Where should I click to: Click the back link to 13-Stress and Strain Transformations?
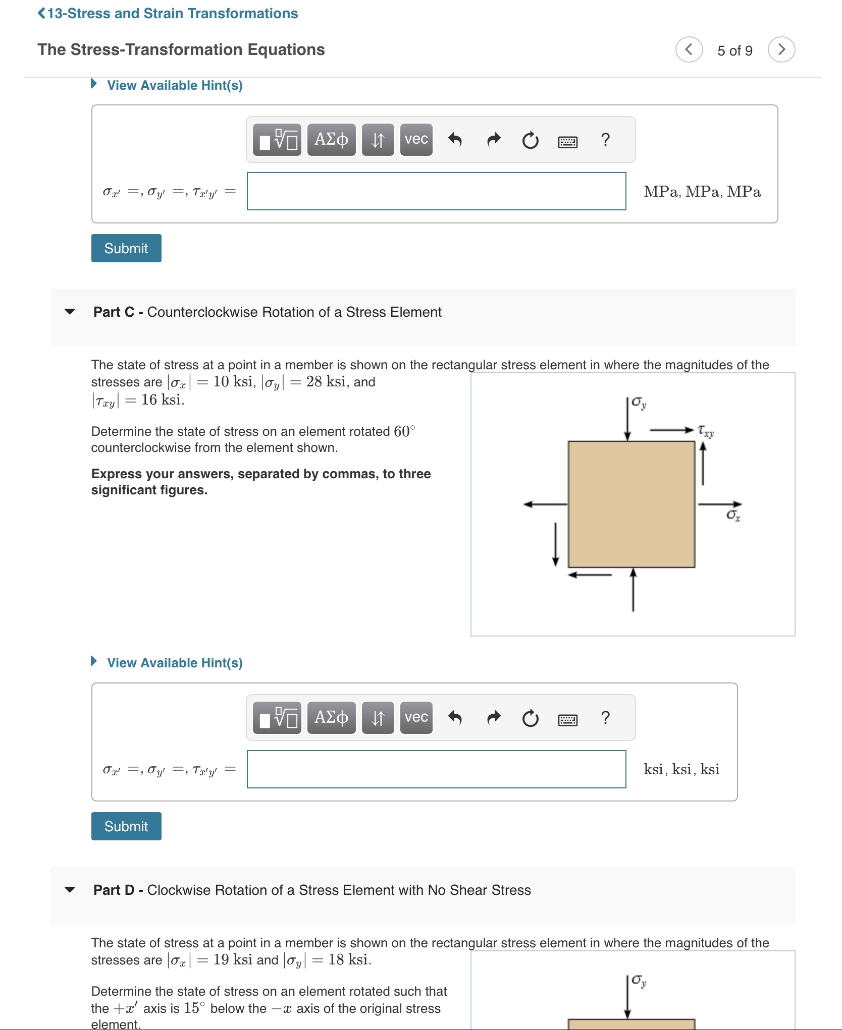168,14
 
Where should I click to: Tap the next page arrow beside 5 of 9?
781,49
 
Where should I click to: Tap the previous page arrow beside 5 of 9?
689,49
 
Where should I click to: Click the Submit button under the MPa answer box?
126,248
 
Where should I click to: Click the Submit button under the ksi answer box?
126,826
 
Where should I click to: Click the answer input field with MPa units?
436,191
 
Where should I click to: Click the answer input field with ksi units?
436,769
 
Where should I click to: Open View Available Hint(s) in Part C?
174,663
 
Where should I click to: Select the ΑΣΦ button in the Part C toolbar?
331,717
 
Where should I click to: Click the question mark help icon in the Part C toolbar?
605,717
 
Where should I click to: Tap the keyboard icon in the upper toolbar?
567,142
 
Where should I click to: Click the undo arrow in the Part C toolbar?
455,717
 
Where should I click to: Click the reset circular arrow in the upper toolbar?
530,140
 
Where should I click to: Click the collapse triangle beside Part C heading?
70,312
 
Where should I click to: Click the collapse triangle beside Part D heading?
70,890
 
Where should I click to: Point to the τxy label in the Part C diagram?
706,431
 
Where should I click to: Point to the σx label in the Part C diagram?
733,515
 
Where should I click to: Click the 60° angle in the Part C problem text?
404,431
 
